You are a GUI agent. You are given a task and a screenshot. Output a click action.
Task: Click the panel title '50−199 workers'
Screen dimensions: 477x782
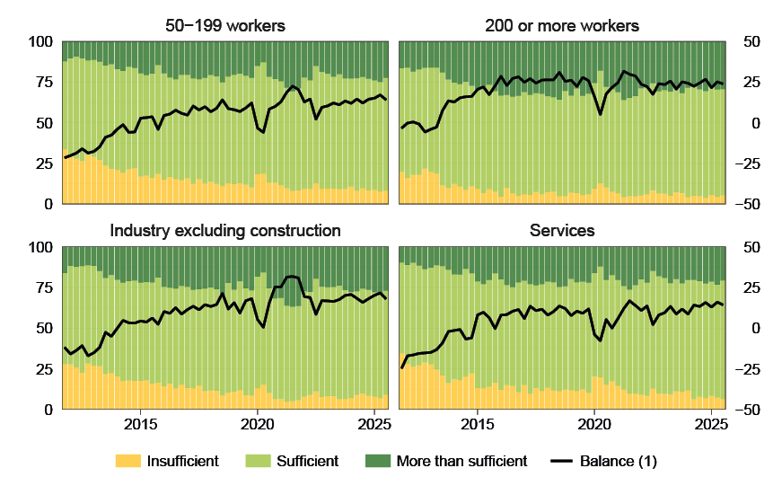coord(224,25)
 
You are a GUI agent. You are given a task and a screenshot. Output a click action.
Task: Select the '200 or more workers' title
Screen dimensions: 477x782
coord(561,25)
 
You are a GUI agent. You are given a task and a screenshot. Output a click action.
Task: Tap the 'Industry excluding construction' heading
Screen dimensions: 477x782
coord(224,231)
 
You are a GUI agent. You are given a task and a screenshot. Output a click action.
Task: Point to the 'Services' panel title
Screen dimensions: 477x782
coord(561,231)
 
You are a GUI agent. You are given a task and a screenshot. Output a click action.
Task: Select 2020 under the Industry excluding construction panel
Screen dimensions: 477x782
coord(257,422)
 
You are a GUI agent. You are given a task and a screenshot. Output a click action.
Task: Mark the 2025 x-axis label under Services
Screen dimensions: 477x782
coord(711,422)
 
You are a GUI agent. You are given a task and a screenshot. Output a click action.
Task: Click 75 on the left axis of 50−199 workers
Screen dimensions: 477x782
coord(41,83)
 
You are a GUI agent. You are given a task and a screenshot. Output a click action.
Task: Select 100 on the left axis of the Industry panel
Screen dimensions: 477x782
coord(38,247)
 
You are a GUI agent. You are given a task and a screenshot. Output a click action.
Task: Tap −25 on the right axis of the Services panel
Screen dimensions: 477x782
coord(748,369)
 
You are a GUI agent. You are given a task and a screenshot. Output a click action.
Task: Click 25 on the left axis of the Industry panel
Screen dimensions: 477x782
coord(41,369)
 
